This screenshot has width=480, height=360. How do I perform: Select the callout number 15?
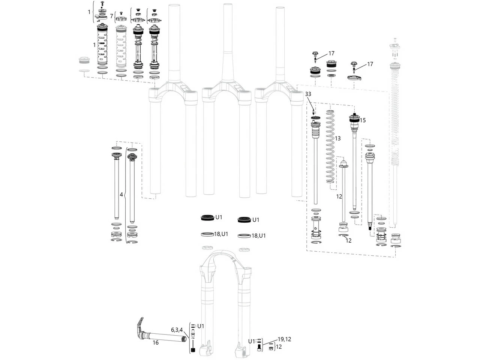point(363,120)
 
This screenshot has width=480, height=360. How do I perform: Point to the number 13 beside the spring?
point(337,138)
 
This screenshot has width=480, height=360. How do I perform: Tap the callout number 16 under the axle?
point(156,342)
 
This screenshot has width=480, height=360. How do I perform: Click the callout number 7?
point(111,16)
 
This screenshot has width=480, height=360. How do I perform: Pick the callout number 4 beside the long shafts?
point(121,195)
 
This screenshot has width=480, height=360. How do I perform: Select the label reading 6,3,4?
point(177,330)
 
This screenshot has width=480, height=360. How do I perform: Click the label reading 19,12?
point(284,339)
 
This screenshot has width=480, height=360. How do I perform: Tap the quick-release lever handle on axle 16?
point(139,323)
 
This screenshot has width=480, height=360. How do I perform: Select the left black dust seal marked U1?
point(207,217)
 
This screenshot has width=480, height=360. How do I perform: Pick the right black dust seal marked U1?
point(244,220)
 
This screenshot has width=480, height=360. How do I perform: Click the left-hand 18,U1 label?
point(221,234)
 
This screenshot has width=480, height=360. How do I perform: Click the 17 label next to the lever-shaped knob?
point(370,64)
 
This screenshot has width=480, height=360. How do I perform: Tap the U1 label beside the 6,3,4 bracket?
point(201,325)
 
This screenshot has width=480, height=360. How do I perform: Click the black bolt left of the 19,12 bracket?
point(258,348)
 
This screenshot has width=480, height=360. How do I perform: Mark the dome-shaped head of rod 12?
point(343,163)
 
